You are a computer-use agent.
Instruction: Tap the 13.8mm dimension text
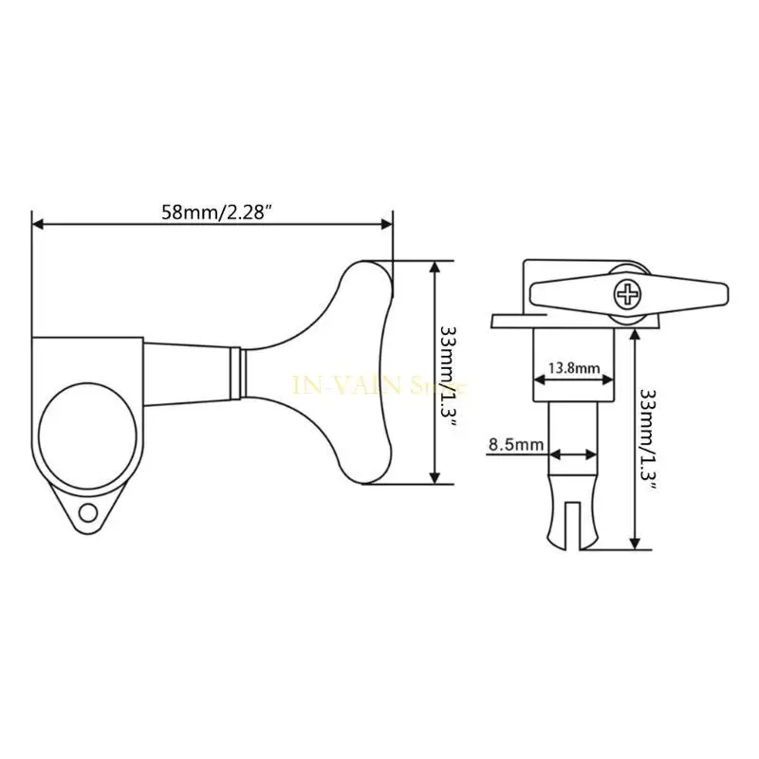573,366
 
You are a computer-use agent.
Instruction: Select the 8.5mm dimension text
516,443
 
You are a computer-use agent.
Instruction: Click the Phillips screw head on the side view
628,295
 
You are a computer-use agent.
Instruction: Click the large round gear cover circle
82,425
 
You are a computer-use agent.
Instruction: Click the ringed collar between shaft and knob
237,371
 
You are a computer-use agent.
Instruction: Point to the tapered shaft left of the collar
185,371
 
